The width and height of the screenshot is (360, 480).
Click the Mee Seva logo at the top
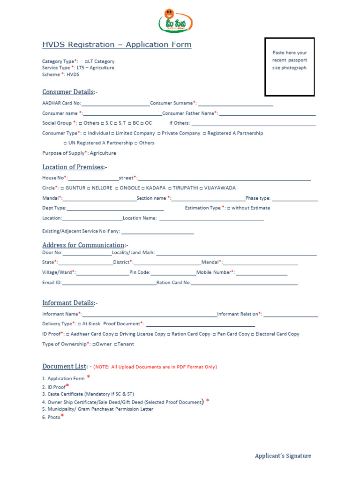pyautogui.click(x=176, y=21)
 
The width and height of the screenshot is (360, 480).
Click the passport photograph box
pyautogui.click(x=289, y=67)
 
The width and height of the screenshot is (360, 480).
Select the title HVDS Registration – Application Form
pyautogui.click(x=117, y=45)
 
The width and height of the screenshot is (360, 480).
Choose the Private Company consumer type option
pyautogui.click(x=179, y=133)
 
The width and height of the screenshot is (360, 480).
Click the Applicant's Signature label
pyautogui.click(x=283, y=456)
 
